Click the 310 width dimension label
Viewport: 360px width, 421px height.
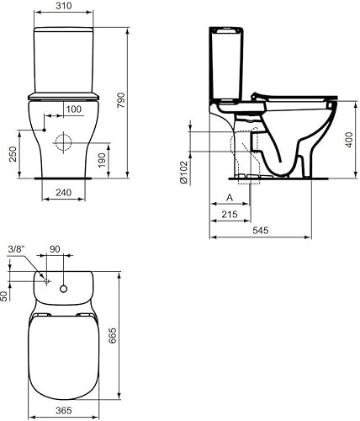coord(64,6)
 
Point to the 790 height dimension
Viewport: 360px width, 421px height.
coord(121,100)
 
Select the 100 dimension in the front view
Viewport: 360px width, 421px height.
coord(74,109)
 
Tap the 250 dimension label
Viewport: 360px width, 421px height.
coord(13,154)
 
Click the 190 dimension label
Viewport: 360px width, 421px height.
coord(102,160)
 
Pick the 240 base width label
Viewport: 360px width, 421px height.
coord(64,193)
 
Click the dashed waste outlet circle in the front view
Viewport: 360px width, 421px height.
coord(64,142)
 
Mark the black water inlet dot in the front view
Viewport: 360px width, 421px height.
coord(44,130)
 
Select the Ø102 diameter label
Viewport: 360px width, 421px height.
coord(184,173)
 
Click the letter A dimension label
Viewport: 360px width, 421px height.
coord(230,198)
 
